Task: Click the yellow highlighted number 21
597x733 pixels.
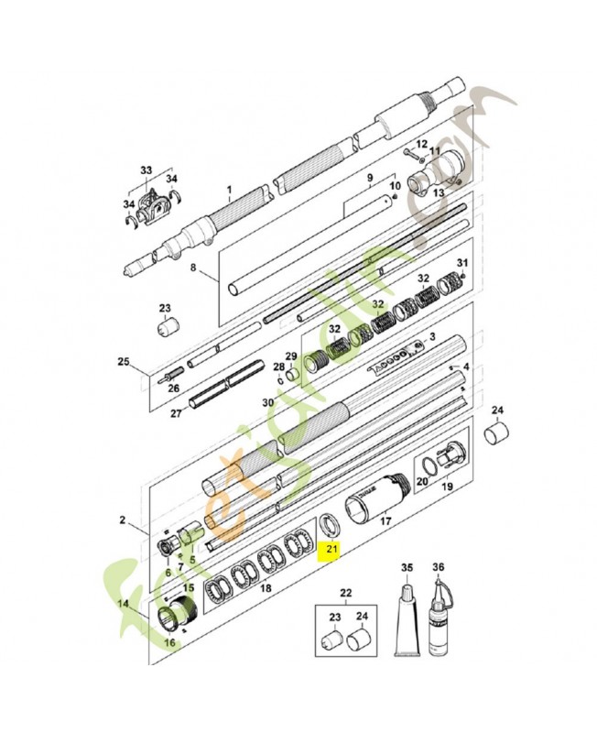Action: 329,550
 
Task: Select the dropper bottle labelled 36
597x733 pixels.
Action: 440,623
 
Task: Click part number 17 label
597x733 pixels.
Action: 385,547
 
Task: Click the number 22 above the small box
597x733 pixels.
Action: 345,592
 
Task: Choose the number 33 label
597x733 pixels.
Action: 147,170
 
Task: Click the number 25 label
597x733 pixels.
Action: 124,361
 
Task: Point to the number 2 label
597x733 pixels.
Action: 122,520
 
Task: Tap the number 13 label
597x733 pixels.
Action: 438,193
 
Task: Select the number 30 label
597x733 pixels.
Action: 267,402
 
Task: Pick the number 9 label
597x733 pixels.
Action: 370,177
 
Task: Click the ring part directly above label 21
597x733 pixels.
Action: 329,526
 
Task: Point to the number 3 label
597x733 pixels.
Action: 431,336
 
